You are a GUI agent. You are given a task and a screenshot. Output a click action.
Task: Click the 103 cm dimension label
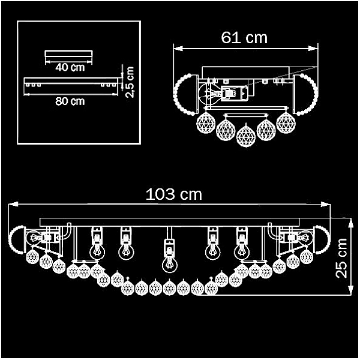pos(174,194)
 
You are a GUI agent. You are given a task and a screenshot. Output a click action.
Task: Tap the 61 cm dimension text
pos(244,38)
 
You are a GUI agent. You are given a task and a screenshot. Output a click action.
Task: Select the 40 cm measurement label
pos(70,67)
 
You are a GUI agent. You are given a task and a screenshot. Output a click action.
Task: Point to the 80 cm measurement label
pos(70,101)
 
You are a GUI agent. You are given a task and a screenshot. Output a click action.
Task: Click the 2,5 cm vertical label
pos(130,82)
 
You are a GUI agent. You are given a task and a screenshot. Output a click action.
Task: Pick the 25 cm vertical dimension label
pos(341,258)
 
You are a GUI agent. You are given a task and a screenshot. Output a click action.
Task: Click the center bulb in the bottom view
pos(170,265)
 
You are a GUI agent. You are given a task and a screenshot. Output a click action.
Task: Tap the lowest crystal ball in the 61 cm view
pos(246,136)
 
